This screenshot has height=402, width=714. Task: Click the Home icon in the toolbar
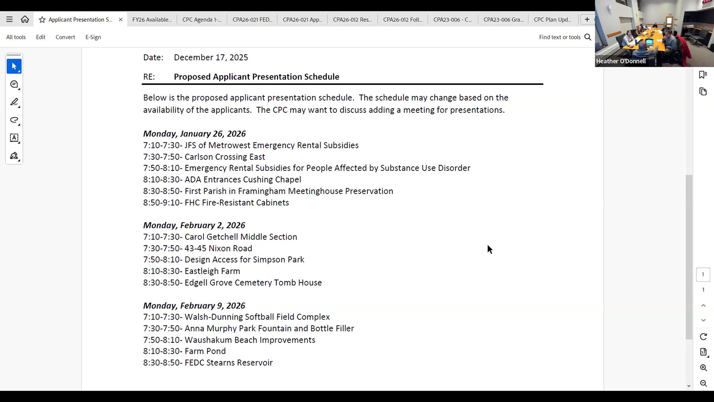(25, 19)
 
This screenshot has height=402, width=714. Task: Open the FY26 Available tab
(152, 20)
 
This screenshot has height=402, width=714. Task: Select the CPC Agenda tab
(202, 20)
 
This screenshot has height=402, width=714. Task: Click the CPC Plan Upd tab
(552, 20)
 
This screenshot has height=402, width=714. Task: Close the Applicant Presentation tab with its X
(121, 20)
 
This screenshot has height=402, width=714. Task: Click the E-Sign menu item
(93, 37)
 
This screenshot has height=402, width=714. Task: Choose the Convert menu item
(65, 37)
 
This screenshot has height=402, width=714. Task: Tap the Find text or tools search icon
(587, 37)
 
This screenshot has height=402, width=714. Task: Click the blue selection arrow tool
(14, 66)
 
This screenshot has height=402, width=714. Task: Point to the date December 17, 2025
(211, 57)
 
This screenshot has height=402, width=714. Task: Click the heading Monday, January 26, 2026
(194, 133)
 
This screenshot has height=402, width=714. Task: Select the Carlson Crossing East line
(225, 157)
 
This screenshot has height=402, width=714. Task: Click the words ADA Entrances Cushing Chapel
(243, 180)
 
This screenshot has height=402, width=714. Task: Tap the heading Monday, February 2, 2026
(194, 225)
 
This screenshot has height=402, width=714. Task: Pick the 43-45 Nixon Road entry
(218, 248)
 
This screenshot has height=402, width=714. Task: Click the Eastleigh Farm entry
(212, 271)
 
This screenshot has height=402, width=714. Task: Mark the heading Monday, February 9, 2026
(194, 306)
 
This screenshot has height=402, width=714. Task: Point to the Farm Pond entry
(205, 351)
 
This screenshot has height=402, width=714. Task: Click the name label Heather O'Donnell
(621, 61)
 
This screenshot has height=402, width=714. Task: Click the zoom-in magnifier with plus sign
(703, 368)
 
